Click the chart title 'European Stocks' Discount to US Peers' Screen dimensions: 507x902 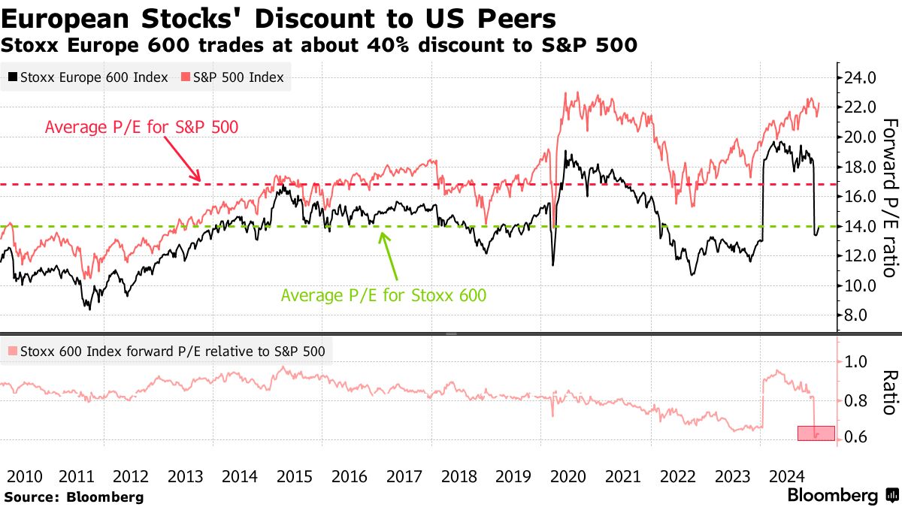(279, 18)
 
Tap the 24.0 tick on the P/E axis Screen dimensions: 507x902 (861, 77)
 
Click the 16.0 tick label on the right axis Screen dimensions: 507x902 (861, 196)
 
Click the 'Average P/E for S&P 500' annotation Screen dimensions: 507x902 (141, 127)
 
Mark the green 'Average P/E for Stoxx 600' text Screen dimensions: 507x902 (383, 295)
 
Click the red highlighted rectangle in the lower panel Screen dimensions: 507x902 (816, 433)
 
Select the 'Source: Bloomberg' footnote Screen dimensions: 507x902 (73, 496)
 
